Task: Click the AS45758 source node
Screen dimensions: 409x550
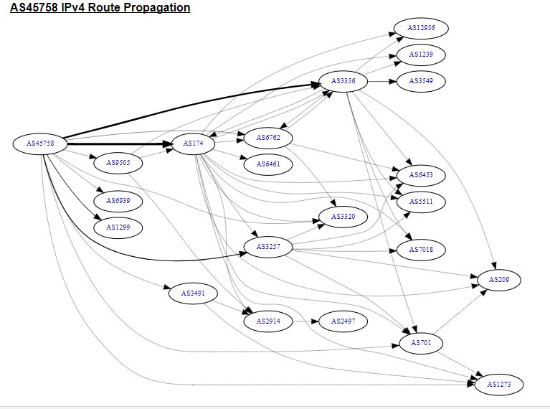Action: point(40,144)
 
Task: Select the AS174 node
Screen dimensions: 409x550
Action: point(194,144)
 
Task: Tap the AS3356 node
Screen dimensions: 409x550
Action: point(343,81)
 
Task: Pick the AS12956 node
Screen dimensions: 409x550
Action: point(421,28)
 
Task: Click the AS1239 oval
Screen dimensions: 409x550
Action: point(421,55)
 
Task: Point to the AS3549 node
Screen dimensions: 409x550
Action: point(421,81)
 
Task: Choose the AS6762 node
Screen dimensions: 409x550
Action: point(268,137)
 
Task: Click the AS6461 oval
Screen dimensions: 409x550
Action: point(268,164)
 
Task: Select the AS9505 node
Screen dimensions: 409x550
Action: point(118,164)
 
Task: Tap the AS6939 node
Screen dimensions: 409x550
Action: point(118,201)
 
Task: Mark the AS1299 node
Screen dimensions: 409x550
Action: point(118,227)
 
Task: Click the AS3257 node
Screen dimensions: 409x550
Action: point(268,247)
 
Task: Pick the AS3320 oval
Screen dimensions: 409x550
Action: point(343,216)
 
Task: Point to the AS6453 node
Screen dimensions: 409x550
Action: point(421,175)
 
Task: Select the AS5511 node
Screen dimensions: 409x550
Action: point(421,202)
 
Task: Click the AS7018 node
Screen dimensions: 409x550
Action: point(421,250)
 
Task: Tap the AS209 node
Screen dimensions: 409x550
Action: point(499,279)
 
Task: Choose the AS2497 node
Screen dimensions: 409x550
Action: point(343,321)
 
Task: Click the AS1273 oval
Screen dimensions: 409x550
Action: point(499,385)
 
